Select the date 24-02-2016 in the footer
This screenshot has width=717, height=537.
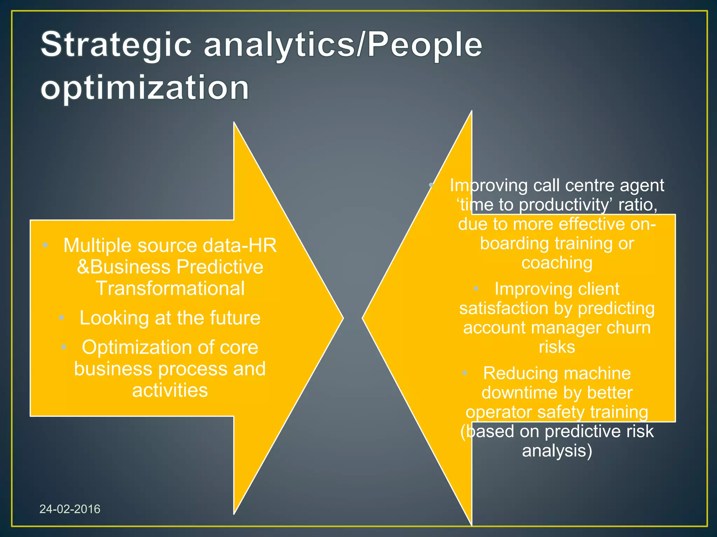[70, 509]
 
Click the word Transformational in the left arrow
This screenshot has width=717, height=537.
[170, 288]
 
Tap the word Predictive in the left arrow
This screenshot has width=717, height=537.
[220, 267]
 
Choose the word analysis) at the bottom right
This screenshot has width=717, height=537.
[557, 450]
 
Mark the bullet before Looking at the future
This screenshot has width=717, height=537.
[62, 318]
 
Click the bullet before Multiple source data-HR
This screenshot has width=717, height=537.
[45, 245]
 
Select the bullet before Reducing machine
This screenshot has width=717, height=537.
[465, 373]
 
